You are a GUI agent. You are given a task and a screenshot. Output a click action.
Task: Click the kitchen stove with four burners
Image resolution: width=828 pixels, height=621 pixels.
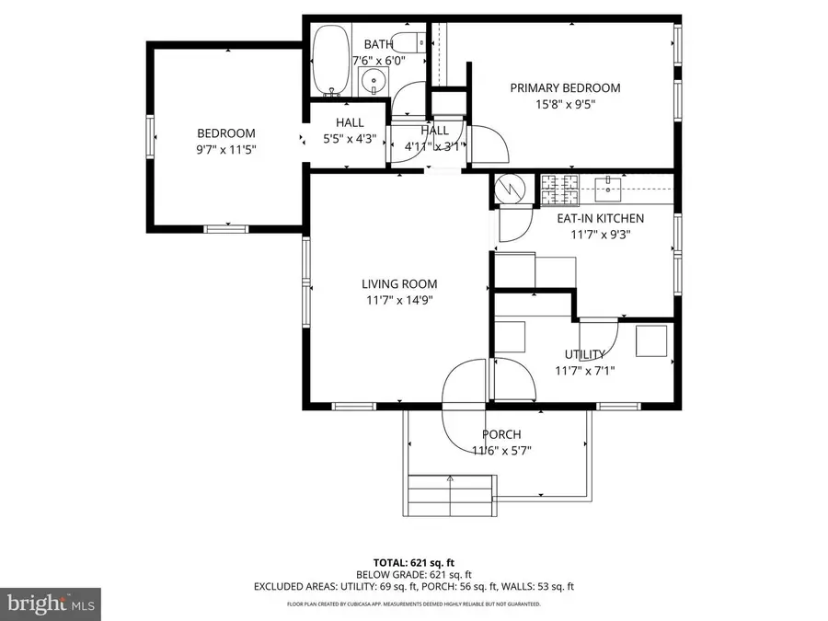tap(560, 190)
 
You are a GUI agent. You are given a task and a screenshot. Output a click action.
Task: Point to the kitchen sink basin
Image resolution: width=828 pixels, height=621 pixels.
tap(609, 190)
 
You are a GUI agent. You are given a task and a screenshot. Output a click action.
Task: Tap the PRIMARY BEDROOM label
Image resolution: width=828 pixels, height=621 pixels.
tap(565, 88)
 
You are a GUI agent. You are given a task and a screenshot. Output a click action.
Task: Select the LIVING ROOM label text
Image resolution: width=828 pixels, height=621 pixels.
tap(398, 284)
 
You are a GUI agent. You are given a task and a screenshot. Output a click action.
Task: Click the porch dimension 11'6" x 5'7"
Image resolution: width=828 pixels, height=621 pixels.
tap(501, 451)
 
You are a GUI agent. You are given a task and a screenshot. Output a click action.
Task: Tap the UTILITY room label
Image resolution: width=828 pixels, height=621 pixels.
tap(584, 355)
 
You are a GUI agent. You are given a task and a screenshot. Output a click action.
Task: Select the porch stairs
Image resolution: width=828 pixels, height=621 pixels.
tap(450, 497)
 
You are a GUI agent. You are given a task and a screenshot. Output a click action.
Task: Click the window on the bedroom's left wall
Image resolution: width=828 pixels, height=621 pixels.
tap(150, 135)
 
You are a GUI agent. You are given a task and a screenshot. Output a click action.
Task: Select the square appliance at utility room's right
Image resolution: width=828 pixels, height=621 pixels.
tap(653, 341)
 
